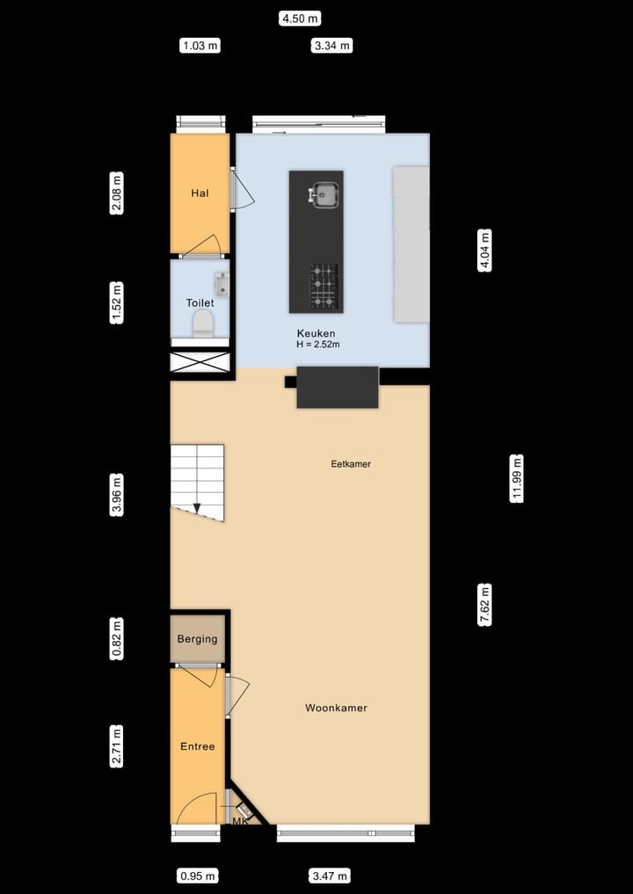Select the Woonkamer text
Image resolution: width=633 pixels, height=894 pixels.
(336, 708)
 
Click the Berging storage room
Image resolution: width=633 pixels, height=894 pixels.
(197, 639)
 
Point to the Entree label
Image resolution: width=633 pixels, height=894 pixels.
(197, 746)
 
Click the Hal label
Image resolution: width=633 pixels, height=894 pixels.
(200, 193)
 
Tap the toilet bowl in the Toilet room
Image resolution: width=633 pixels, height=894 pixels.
(203, 323)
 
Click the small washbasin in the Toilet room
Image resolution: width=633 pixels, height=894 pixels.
(221, 283)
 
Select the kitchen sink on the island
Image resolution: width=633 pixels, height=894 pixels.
(324, 194)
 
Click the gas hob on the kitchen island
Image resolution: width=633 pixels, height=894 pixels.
(323, 287)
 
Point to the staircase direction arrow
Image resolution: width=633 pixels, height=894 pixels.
(197, 506)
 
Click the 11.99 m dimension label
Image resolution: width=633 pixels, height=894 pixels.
(517, 478)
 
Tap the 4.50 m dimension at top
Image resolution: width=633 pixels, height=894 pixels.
(300, 18)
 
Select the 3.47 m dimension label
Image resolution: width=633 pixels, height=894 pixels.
(330, 876)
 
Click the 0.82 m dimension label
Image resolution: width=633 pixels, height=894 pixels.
(117, 639)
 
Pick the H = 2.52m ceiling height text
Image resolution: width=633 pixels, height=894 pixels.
(318, 345)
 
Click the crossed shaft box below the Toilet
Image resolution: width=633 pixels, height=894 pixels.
(200, 362)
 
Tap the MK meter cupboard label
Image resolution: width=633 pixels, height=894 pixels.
(239, 821)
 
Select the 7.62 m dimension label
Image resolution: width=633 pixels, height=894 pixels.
(484, 605)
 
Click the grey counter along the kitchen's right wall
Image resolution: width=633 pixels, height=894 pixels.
(411, 243)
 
